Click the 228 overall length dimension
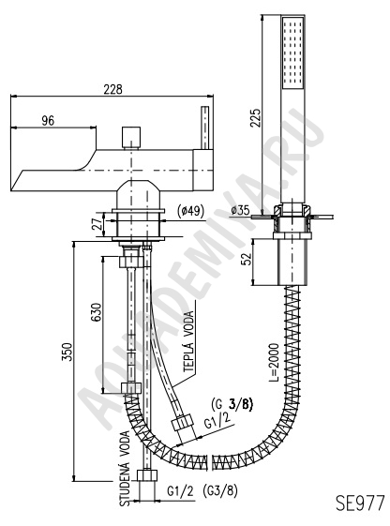pyautogui.click(x=112, y=90)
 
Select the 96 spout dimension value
pyautogui.click(x=48, y=121)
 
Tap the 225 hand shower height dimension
pyautogui.click(x=256, y=117)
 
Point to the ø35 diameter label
pyautogui.click(x=240, y=210)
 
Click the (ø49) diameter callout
pyautogui.click(x=189, y=211)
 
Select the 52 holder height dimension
pyautogui.click(x=247, y=259)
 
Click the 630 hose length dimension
pyautogui.click(x=97, y=312)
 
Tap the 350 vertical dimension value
pyautogui.click(x=67, y=352)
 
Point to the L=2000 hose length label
pyautogui.click(x=274, y=362)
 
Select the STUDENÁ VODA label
pyautogui.click(x=126, y=469)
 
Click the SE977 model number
pyautogui.click(x=360, y=503)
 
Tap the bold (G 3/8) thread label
pyautogui.click(x=232, y=404)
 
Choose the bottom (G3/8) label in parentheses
pyautogui.click(x=220, y=491)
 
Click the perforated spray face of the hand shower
pyautogui.click(x=292, y=53)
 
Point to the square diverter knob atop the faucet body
pyautogui.click(x=131, y=138)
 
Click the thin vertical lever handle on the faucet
pyautogui.click(x=205, y=128)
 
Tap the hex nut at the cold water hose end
pyautogui.click(x=147, y=475)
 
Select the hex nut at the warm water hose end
pyautogui.click(x=184, y=424)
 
